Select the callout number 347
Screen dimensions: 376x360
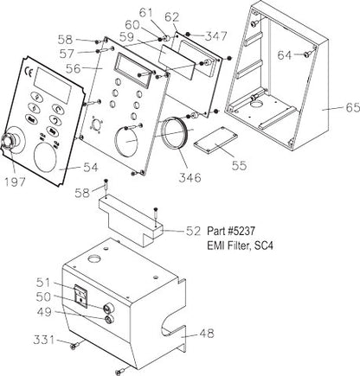click(215, 37)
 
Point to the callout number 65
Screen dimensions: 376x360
click(331, 110)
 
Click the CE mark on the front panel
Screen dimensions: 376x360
click(29, 72)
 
